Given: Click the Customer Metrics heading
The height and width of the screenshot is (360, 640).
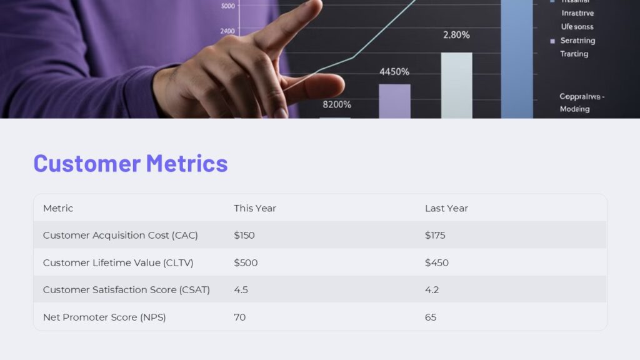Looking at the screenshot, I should click(x=130, y=163).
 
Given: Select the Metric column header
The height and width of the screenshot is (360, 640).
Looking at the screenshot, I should click(x=58, y=208).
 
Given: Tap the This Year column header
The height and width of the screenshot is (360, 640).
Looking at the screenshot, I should click(x=255, y=208).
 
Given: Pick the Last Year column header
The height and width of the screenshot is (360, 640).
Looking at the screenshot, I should click(x=446, y=208).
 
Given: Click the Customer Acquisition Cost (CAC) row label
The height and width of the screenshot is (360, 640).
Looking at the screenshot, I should click(x=120, y=236).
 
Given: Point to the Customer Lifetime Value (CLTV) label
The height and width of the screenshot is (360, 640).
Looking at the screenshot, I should click(x=118, y=263).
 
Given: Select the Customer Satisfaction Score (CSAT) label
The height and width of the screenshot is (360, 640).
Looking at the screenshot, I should click(x=126, y=290).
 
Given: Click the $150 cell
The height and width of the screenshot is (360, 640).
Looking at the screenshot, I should click(x=244, y=236).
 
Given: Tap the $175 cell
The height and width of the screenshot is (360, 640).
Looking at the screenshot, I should click(x=435, y=236).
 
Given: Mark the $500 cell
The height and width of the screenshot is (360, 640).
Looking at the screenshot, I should click(x=246, y=263).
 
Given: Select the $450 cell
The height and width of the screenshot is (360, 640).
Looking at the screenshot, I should click(x=437, y=263).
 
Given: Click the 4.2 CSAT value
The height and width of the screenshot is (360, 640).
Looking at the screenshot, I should click(x=432, y=290).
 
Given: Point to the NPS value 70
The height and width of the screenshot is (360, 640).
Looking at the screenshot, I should click(x=240, y=317).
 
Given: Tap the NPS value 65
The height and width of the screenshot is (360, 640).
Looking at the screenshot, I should click(x=431, y=317).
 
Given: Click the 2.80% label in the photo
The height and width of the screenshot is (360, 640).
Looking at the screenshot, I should click(x=456, y=35).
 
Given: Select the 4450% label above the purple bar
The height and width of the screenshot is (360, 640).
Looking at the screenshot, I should click(x=394, y=72).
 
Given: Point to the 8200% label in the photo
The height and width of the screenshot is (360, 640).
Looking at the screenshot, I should click(x=337, y=104).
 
